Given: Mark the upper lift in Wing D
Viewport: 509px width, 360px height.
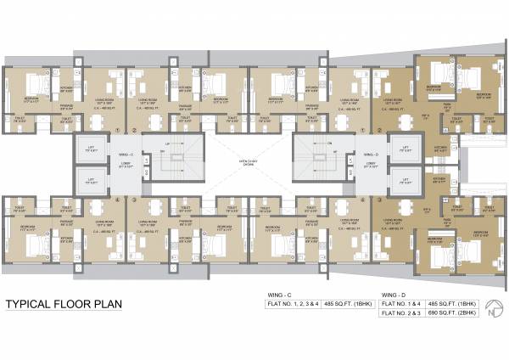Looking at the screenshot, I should coord(402,149).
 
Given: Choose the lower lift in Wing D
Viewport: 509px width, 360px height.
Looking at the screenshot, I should coord(402,179).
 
